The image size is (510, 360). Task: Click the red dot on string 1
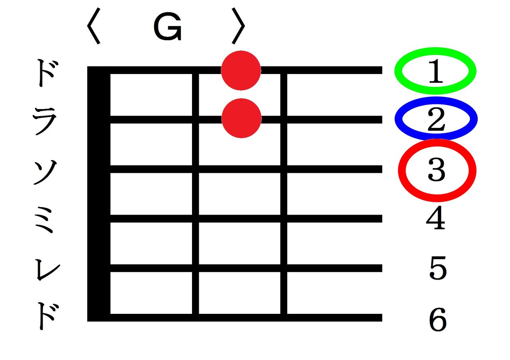click(x=241, y=70)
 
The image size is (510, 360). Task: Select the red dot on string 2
click(x=241, y=118)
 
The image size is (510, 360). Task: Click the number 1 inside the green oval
click(x=435, y=72)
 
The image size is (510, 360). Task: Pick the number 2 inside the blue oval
click(x=436, y=119)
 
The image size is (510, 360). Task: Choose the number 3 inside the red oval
click(x=437, y=170)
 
